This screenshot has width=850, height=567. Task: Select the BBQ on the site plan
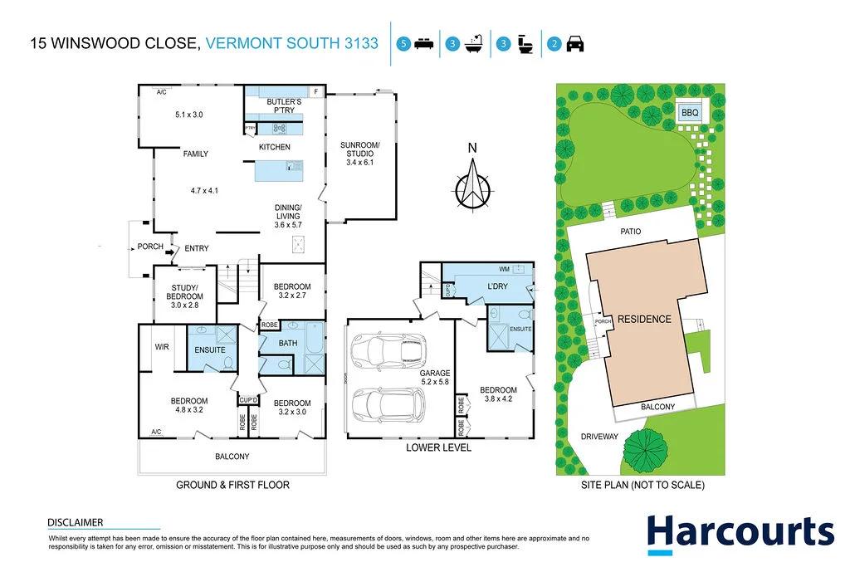(689, 112)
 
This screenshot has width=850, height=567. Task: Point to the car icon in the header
(574, 44)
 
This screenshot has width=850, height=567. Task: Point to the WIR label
(162, 346)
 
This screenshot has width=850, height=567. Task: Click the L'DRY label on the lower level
(497, 286)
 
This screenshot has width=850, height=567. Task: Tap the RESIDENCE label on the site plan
(643, 318)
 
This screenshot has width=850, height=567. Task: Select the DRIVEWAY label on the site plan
(599, 437)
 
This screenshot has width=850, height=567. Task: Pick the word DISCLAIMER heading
(76, 522)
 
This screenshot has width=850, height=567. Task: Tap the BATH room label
(288, 342)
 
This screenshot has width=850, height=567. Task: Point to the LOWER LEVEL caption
(438, 448)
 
